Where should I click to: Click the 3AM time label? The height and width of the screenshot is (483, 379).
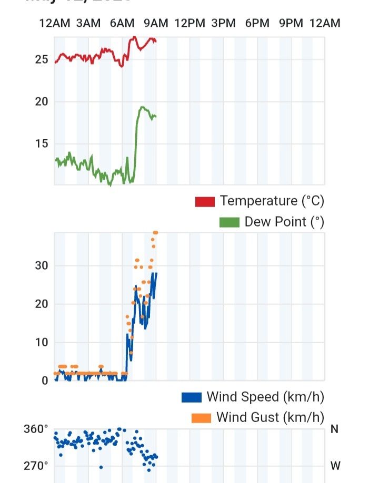coord(88,23)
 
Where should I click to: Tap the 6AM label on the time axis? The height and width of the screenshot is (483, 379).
coord(122,23)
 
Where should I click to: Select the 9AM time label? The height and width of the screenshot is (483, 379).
coord(156,23)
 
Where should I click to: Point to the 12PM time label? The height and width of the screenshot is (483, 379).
coord(189,23)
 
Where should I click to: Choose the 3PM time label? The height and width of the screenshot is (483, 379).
coord(223,23)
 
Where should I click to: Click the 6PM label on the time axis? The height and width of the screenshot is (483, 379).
coord(257,23)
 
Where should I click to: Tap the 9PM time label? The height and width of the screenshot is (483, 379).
coord(291,23)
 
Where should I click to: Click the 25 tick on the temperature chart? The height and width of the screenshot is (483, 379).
coord(42,59)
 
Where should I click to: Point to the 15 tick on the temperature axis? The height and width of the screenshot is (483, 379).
coord(42,143)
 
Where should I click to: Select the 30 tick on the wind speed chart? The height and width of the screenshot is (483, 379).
coord(42,266)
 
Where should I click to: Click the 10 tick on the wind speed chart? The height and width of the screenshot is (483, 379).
coord(42,343)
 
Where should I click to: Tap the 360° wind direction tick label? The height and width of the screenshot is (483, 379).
coord(36,429)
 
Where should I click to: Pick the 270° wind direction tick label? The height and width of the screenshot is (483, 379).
coord(36,466)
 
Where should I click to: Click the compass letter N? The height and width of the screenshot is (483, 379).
coord(334,429)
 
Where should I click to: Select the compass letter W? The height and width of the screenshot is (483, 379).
coord(335,466)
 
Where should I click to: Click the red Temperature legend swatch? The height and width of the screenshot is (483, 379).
coord(205,202)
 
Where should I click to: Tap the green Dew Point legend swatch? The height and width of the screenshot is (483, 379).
coord(229,222)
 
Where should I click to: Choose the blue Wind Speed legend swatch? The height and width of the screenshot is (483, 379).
coord(192,397)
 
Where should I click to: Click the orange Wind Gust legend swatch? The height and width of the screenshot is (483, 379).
coord(201,418)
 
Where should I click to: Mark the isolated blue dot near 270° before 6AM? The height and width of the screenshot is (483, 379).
coord(101,467)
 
